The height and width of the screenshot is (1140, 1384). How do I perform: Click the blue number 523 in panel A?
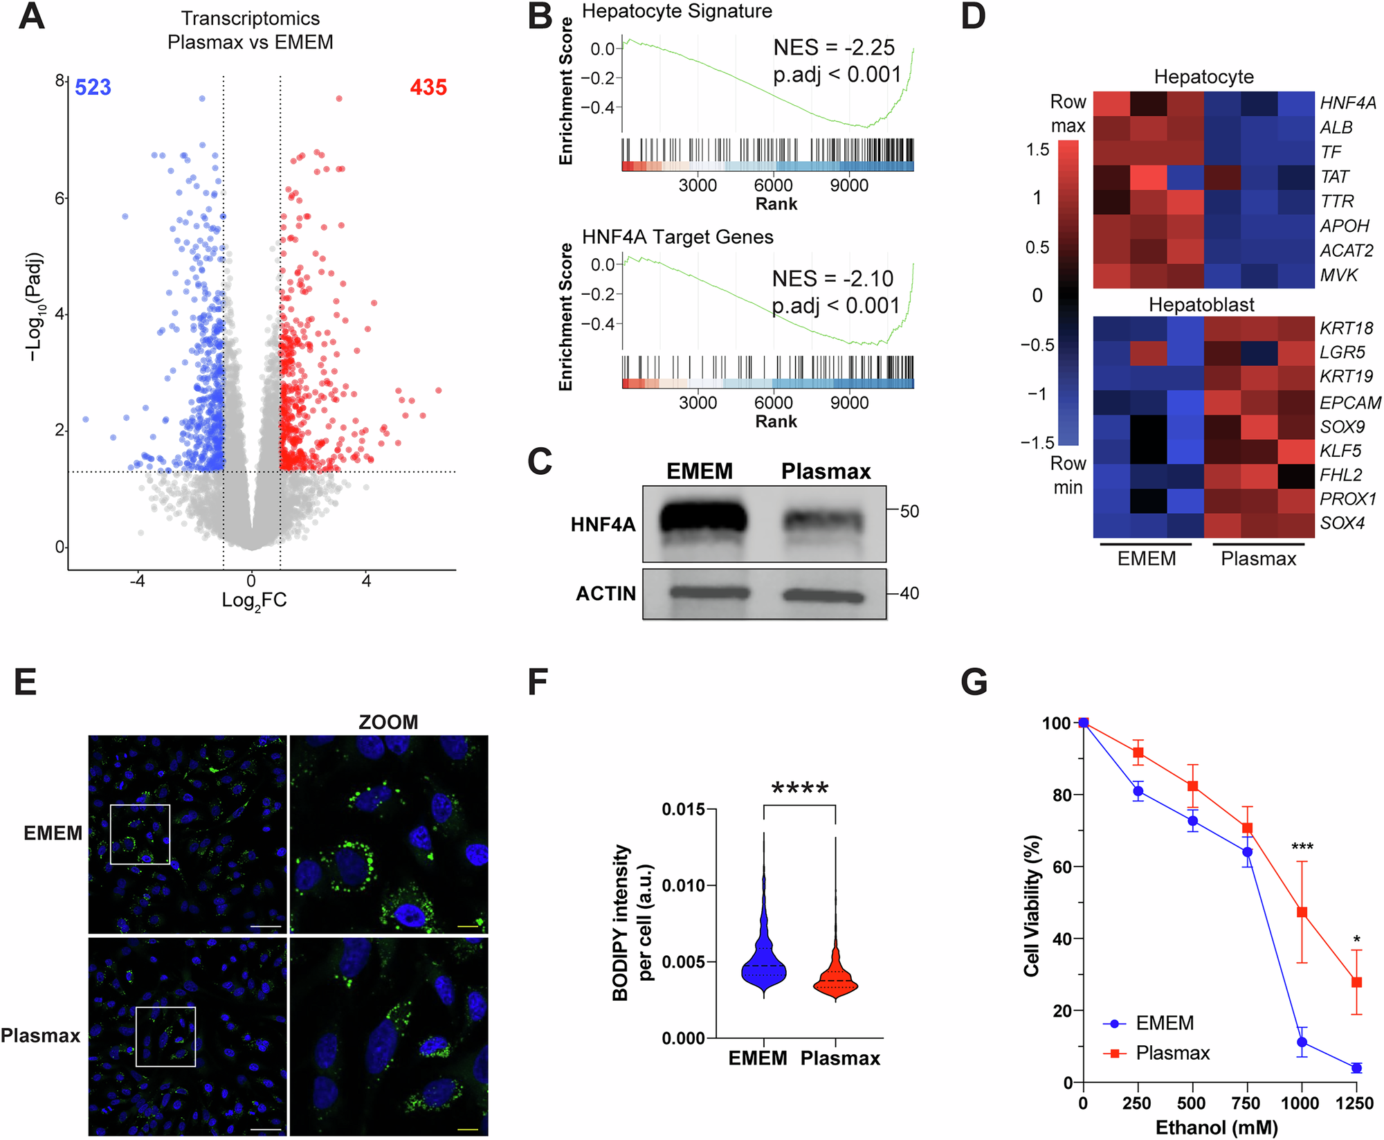pos(93,88)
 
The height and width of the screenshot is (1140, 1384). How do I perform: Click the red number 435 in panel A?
pos(428,88)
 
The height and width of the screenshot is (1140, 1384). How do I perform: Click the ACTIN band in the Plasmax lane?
pos(823,595)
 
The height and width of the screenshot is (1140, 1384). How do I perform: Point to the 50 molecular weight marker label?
pos(909,512)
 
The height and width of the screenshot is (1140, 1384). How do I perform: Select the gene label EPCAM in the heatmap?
pos(1349,403)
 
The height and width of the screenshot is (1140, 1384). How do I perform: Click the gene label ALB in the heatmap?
pos(1336,127)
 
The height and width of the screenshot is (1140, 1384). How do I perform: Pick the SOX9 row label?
pos(1342,427)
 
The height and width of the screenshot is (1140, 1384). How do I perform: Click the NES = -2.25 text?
pos(833,48)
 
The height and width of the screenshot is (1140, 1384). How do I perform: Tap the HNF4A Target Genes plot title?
pos(677,237)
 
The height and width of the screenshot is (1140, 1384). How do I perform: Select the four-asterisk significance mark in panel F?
pos(799,788)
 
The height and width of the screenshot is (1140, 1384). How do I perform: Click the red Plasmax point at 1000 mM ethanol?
pos(1302,912)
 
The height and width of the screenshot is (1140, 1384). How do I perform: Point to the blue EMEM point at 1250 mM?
pos(1356,1068)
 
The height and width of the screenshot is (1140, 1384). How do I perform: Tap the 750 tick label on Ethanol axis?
pos(1246,1103)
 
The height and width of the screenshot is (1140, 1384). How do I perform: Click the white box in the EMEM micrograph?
pos(140,834)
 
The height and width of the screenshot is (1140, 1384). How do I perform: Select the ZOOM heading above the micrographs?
pos(388,723)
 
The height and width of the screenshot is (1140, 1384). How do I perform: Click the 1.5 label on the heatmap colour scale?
pos(1037,150)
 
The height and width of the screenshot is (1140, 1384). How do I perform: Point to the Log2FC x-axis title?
pos(254,601)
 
